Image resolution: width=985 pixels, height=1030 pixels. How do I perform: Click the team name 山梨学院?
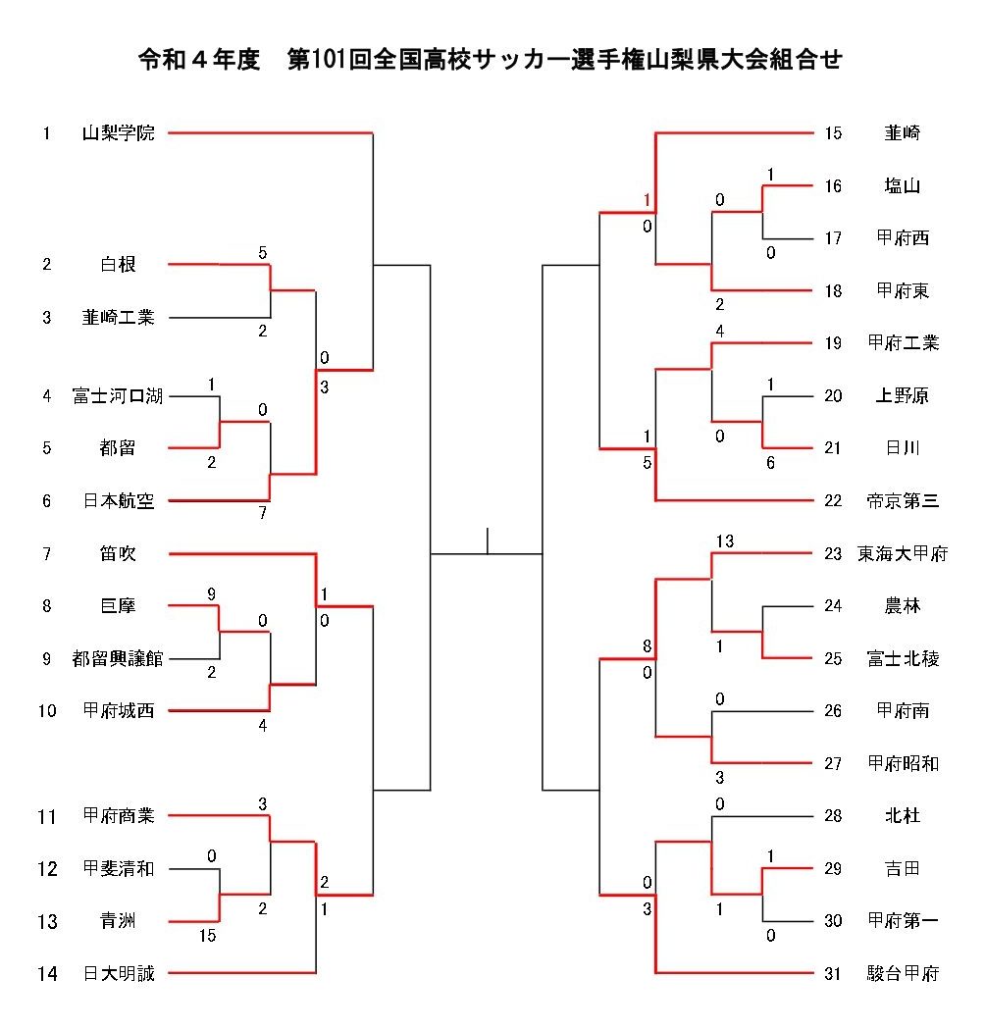[x=118, y=133]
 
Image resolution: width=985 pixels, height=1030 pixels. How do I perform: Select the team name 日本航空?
[x=118, y=501]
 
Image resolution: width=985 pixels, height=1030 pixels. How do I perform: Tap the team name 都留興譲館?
[x=118, y=659]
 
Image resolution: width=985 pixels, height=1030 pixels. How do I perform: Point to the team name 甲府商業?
[x=118, y=816]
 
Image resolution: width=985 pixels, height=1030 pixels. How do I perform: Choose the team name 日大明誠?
[x=118, y=974]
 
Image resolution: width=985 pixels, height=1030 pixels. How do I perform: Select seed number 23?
[x=833, y=554]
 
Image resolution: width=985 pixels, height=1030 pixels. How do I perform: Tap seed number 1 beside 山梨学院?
[x=46, y=133]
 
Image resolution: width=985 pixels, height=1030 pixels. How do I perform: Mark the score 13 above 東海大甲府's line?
[x=725, y=541]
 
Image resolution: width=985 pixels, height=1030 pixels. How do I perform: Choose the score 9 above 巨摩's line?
[x=211, y=593]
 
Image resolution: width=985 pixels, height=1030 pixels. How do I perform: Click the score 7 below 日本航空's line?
[x=262, y=513]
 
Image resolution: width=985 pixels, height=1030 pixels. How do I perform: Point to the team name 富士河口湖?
[x=118, y=396]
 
